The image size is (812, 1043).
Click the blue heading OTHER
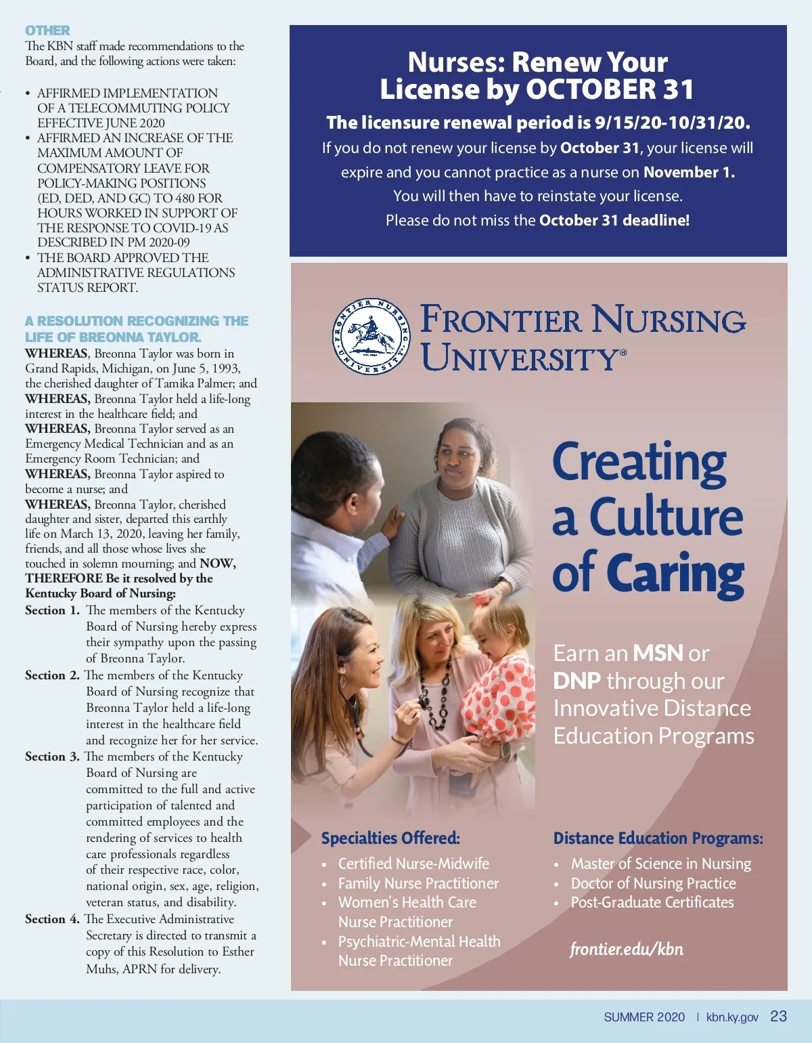pyautogui.click(x=47, y=30)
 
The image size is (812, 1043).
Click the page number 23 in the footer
pyautogui.click(x=779, y=1017)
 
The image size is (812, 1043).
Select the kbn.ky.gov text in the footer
pyautogui.click(x=732, y=1017)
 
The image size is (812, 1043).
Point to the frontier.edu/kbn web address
pyautogui.click(x=627, y=949)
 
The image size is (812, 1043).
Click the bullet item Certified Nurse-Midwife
pyautogui.click(x=413, y=864)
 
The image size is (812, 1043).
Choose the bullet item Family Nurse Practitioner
pyautogui.click(x=418, y=883)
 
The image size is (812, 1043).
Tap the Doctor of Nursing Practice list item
pyautogui.click(x=653, y=883)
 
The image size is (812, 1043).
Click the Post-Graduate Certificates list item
pyautogui.click(x=652, y=902)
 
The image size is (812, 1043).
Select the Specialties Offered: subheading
pyautogui.click(x=390, y=838)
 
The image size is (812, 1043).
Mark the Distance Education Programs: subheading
pyautogui.click(x=658, y=838)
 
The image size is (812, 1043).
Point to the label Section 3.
pyautogui.click(x=52, y=757)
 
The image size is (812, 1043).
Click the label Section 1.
pyautogui.click(x=52, y=610)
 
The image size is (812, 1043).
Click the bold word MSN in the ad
pyautogui.click(x=658, y=653)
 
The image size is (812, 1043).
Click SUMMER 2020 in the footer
pyautogui.click(x=644, y=1017)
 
